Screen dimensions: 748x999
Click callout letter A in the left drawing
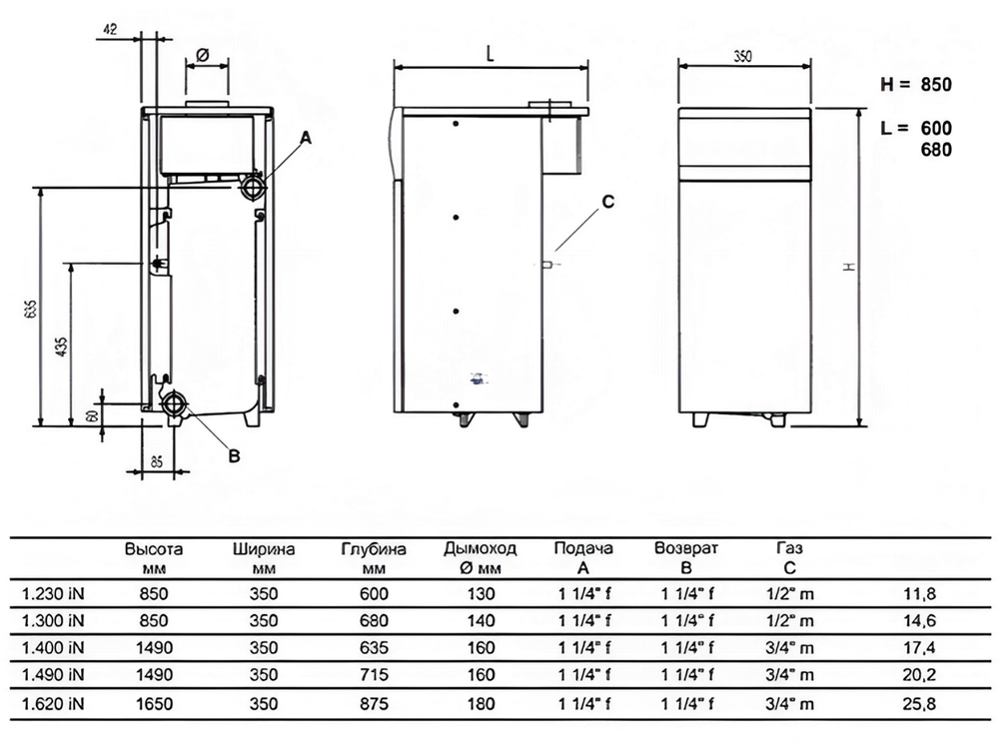(x=307, y=135)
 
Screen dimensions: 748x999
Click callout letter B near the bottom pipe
(x=235, y=455)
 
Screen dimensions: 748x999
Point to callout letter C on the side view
(x=606, y=202)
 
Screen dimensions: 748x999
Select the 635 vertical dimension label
(x=30, y=310)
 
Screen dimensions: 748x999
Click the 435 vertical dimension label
(x=61, y=347)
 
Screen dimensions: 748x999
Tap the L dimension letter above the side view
(x=491, y=55)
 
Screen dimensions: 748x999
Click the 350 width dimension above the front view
(x=742, y=57)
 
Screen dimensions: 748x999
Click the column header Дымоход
(x=481, y=549)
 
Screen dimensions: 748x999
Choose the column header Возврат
(x=686, y=549)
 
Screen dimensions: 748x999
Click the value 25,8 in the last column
(x=919, y=705)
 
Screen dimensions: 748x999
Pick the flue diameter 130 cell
(x=481, y=594)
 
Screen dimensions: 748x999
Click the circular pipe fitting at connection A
(x=252, y=187)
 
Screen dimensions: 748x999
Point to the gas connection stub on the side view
(x=547, y=264)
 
